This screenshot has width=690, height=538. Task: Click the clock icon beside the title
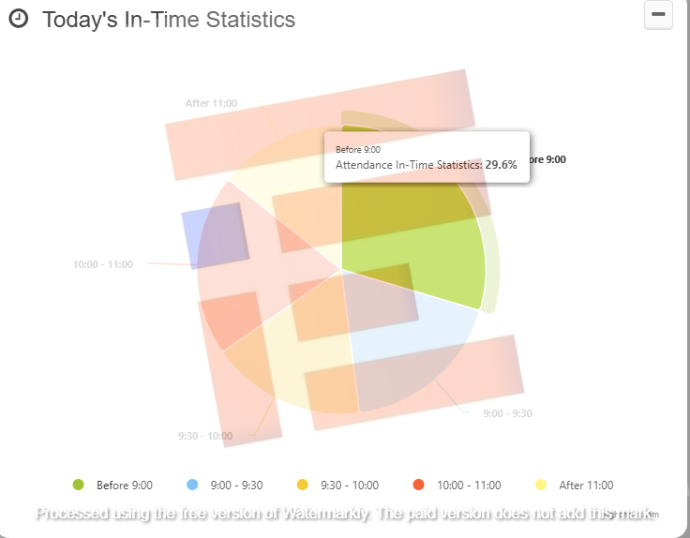18,20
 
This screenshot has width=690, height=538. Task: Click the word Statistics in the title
248,20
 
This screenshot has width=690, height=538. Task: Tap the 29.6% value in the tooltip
502,164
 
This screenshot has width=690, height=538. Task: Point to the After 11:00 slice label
211,103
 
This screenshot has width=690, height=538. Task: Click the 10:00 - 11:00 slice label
103,264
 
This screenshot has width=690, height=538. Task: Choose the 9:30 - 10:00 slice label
205,436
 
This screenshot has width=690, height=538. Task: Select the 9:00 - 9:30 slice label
507,413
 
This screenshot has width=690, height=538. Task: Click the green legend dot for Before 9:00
79,485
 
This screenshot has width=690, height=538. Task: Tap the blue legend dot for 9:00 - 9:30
193,485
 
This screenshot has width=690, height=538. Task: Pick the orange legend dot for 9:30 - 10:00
303,485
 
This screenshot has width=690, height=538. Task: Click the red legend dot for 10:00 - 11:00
418,485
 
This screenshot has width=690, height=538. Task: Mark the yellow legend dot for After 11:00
541,485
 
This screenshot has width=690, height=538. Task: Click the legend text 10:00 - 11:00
469,486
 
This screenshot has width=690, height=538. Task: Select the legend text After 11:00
586,486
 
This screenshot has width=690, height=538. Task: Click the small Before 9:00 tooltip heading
358,149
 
